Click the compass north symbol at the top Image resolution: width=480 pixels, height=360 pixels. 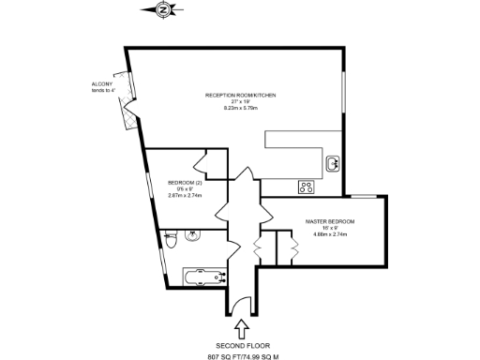[164, 9]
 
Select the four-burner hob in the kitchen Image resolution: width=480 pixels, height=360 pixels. [306, 186]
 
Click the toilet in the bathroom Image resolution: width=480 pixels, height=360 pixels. [170, 241]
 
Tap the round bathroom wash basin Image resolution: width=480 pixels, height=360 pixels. [194, 235]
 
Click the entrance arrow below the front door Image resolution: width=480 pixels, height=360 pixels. [243, 328]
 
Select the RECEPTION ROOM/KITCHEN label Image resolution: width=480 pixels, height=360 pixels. [241, 96]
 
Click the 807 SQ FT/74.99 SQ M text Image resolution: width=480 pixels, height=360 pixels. [242, 356]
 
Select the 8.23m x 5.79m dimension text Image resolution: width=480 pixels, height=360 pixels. [241, 108]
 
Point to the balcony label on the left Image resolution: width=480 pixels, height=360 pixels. [104, 86]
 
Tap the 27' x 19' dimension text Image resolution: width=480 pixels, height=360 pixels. [241, 101]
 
